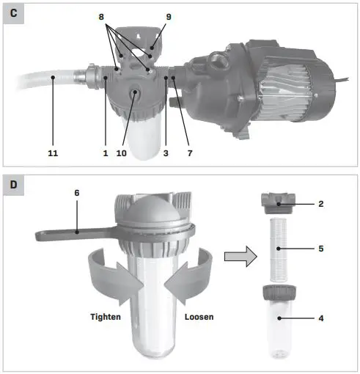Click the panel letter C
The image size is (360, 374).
point(12,13)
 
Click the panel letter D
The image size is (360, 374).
point(12,186)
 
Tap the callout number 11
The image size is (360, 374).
point(53,153)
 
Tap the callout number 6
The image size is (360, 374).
point(76,192)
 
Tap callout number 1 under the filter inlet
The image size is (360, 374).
point(106,153)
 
